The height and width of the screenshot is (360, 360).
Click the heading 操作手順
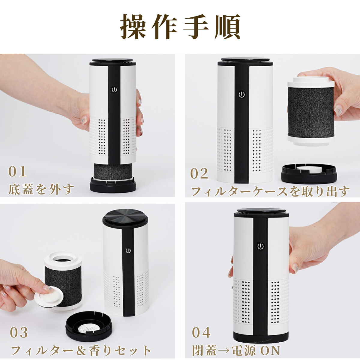click(180, 26)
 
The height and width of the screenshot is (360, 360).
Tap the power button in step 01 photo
click(114, 90)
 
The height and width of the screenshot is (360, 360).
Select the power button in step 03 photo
click(128, 250)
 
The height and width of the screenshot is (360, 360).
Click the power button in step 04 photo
click(260, 247)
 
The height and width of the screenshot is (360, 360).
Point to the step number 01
click(17, 172)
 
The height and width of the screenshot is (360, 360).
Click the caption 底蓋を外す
click(41, 189)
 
